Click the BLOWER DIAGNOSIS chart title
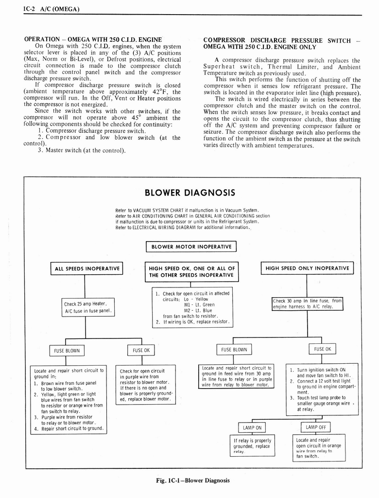click(x=190, y=193)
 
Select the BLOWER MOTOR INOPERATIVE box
click(x=191, y=247)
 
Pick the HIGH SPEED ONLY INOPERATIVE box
click(x=307, y=268)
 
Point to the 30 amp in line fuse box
click(x=307, y=303)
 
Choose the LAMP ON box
click(x=252, y=428)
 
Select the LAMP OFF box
click(x=315, y=427)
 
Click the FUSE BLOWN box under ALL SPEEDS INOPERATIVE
click(x=66, y=350)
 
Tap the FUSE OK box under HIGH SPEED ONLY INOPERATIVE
click(x=322, y=349)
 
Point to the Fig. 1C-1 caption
click(x=193, y=480)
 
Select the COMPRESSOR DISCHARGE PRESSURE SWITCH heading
click(x=282, y=43)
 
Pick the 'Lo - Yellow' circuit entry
click(x=196, y=299)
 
